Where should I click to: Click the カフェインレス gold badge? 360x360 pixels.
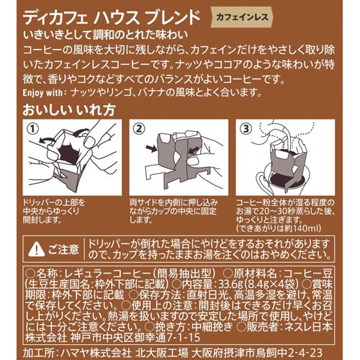coord(242,17)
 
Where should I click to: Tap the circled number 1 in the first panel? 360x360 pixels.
coord(33,130)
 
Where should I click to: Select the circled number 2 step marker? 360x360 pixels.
coord(139,130)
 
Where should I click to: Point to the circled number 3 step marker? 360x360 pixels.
coord(246,130)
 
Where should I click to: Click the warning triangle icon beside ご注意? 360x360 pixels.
coord(36,249)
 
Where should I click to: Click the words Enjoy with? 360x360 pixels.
coord(42,93)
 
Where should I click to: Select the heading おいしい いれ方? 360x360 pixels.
coord(69,110)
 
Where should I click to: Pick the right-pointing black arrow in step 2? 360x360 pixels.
coord(151,148)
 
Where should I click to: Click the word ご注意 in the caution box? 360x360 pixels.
coord(63,250)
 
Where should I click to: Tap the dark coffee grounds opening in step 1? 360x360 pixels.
coord(69,153)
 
